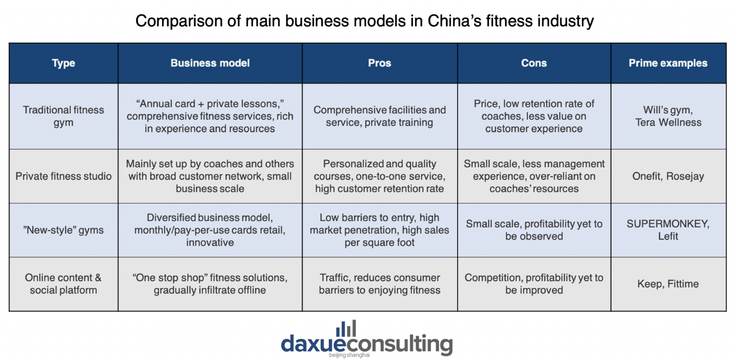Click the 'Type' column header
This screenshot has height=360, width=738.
click(x=63, y=63)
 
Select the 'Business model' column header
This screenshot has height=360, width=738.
click(x=210, y=63)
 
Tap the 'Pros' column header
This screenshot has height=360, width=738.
click(x=379, y=63)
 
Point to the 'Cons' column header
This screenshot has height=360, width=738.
click(x=534, y=63)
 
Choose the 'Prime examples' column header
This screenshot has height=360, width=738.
click(x=668, y=63)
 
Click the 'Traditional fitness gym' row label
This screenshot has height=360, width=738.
click(x=63, y=116)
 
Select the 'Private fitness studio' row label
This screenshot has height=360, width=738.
click(x=63, y=176)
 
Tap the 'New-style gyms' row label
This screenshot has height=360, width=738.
click(x=63, y=230)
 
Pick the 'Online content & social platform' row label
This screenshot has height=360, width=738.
click(x=63, y=284)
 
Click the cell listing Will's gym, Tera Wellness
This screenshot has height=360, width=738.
click(x=668, y=116)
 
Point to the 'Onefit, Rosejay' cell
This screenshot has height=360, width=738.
click(x=668, y=176)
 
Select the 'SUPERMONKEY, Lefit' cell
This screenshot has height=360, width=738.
click(x=668, y=230)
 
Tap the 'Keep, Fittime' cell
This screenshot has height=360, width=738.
click(x=668, y=284)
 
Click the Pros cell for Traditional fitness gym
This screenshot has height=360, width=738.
click(x=379, y=116)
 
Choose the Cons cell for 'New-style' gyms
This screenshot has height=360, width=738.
click(x=534, y=230)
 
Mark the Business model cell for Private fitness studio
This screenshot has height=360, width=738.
click(x=210, y=176)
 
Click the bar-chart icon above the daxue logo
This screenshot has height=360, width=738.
click(x=346, y=329)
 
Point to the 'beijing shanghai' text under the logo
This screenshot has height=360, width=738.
click(x=349, y=355)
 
